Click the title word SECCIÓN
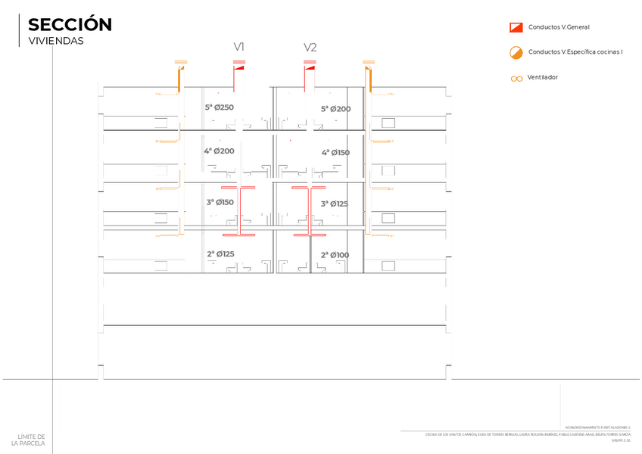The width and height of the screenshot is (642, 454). pos(70,25)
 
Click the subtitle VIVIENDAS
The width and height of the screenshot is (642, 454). pos(56,41)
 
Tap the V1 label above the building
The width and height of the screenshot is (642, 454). pos(238,47)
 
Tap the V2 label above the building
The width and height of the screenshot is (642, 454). pos(310,47)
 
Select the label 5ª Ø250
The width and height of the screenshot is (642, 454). pos(219,107)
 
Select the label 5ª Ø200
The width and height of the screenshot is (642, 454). pos(335,109)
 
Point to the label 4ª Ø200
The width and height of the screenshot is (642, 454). pos(219,151)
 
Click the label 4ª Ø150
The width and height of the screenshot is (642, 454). pos(335,153)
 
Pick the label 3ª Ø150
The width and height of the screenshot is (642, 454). pos(220,202)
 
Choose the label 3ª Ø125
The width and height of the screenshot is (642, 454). pos(334,204)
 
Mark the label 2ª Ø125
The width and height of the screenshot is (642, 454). pos(220,253)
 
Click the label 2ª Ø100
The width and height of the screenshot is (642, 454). pos(335,255)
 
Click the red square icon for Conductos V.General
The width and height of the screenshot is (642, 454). pos(516,27)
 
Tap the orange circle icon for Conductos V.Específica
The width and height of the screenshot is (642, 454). pos(516,52)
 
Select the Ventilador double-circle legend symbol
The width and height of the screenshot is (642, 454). pos(516,78)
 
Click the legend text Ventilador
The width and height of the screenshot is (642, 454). pos(542,77)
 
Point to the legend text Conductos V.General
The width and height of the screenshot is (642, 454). pos(559,27)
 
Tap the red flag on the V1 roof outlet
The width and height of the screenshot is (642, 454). pos(240,67)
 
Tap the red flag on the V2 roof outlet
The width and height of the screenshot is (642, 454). pos(310,67)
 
